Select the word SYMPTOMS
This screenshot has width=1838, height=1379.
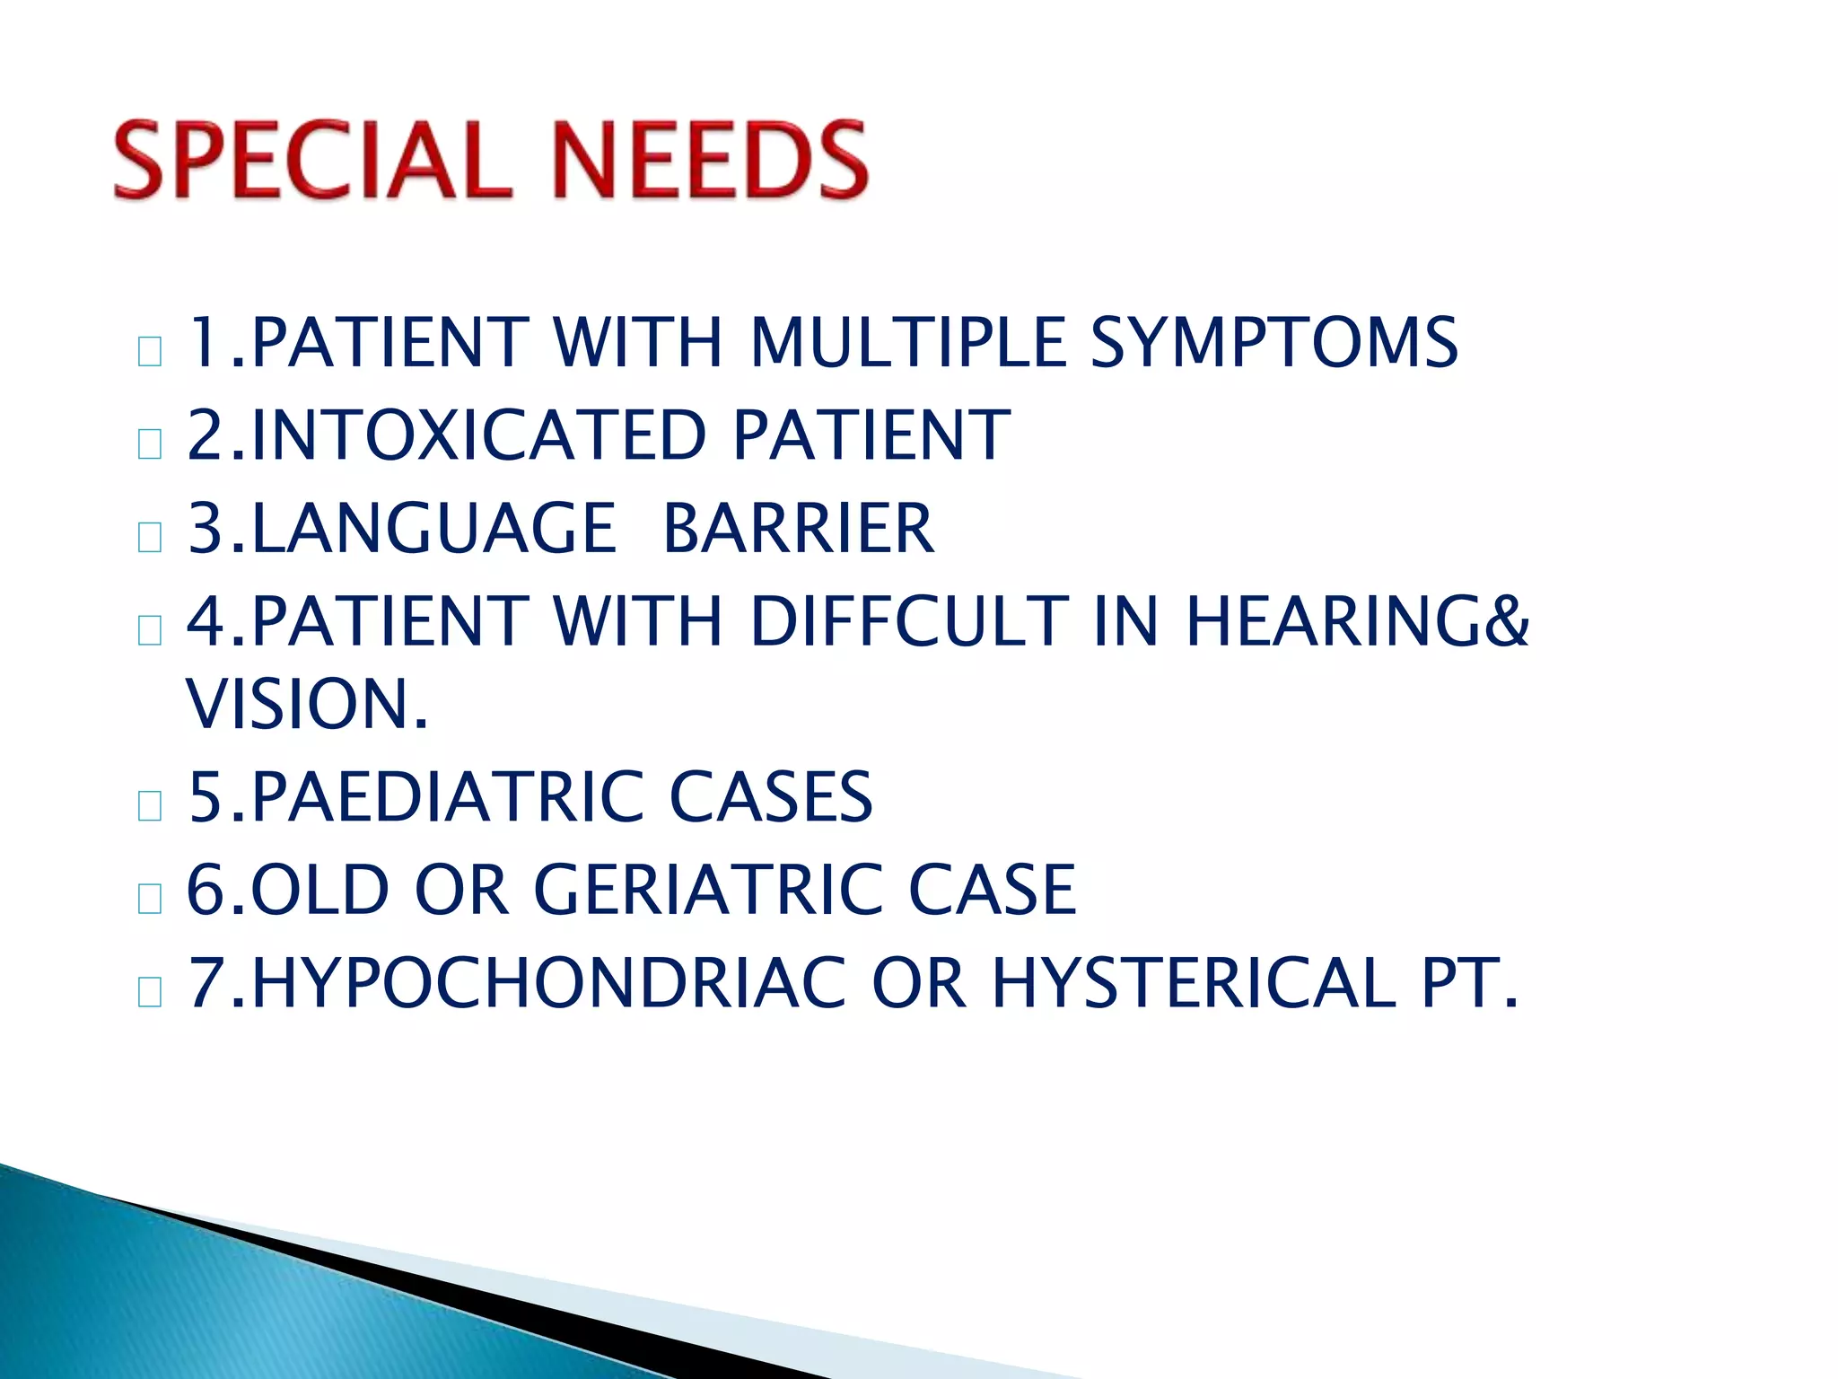click(x=1273, y=343)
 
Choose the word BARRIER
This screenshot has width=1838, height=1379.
click(x=798, y=529)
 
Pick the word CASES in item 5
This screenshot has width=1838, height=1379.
click(x=771, y=797)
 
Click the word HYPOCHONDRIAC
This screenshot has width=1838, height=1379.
click(x=548, y=984)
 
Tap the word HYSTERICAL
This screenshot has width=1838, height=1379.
click(x=1194, y=984)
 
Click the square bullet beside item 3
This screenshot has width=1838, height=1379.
click(x=150, y=537)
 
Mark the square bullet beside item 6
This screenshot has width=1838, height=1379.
click(x=150, y=899)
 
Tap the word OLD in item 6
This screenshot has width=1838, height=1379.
click(x=319, y=890)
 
